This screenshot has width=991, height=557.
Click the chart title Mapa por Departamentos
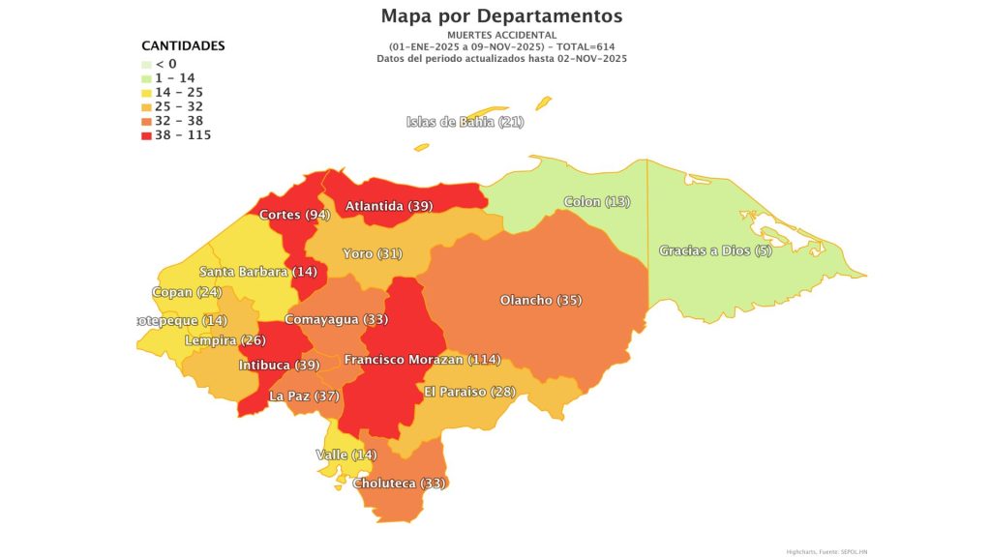tap(501, 15)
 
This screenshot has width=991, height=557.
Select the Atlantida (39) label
tap(389, 206)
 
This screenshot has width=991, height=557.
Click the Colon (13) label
tap(596, 202)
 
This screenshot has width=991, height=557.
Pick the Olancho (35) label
tap(540, 301)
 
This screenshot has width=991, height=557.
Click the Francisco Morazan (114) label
tap(422, 360)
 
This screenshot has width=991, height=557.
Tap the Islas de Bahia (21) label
tap(465, 122)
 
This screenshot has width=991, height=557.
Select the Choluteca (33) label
tap(399, 484)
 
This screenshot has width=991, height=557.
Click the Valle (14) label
tap(345, 454)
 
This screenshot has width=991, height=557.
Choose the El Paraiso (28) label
tap(469, 392)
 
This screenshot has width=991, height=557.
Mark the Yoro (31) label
tap(372, 254)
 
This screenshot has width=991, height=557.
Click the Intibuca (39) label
tap(279, 366)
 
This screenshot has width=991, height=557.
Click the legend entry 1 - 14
tap(174, 77)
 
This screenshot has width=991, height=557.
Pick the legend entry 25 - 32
tap(179, 106)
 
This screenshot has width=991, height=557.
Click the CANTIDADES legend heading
tap(183, 45)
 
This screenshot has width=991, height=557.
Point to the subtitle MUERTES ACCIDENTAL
tap(501, 35)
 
